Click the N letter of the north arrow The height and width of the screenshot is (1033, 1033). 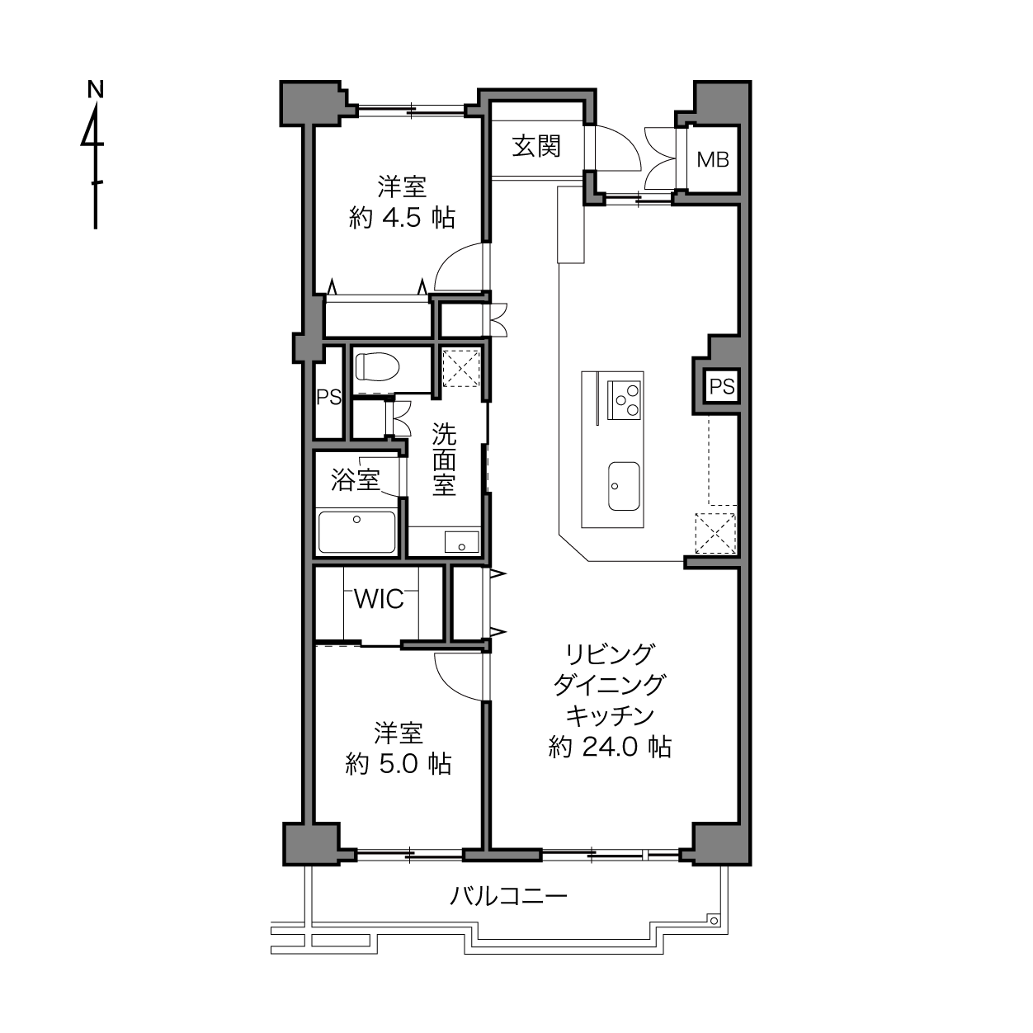(96, 90)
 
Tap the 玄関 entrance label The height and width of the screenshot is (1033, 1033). (536, 146)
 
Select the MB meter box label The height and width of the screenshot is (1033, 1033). (713, 159)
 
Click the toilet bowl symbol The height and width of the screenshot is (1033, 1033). (377, 366)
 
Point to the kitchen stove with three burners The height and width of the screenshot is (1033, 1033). (624, 400)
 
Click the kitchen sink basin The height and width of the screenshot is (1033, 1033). (624, 486)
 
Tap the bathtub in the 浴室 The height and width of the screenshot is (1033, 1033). (357, 532)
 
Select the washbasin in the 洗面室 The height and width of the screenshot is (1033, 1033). (461, 541)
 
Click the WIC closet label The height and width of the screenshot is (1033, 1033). (379, 599)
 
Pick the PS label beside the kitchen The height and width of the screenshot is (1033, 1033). (722, 386)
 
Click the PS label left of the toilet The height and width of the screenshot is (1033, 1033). (328, 397)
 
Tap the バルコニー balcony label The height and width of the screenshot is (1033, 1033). (508, 895)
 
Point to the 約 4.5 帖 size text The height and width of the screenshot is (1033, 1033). (402, 218)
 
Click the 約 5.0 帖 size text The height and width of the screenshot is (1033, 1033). (399, 764)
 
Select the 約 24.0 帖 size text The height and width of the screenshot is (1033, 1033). (610, 747)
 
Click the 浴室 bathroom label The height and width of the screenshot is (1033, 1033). (356, 479)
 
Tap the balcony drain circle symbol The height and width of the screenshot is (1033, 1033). (714, 921)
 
